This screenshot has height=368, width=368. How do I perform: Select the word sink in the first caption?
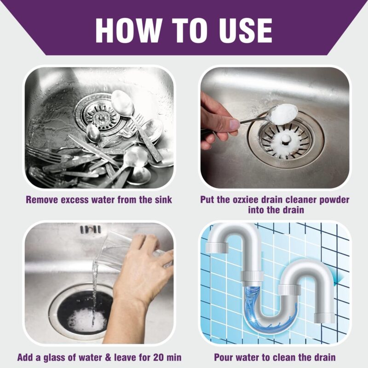[x=162, y=200]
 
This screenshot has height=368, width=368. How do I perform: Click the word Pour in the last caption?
[x=224, y=356]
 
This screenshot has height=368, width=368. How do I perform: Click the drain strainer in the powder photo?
[x=280, y=139]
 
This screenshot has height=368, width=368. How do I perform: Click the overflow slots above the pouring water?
[x=90, y=229]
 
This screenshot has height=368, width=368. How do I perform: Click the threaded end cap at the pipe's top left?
[x=217, y=247]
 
